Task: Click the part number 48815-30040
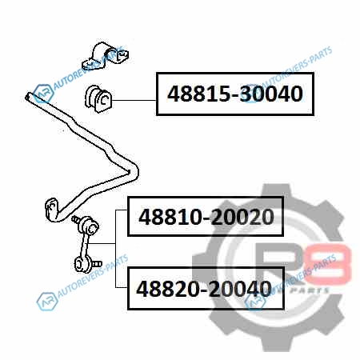click(x=235, y=94)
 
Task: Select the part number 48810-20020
click(x=206, y=217)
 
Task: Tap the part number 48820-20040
click(x=204, y=289)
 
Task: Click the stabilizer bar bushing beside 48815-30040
click(x=98, y=99)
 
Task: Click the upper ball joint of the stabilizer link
click(x=89, y=226)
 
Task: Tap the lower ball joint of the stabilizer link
click(x=82, y=264)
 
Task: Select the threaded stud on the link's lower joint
click(x=97, y=264)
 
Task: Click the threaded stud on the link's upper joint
click(x=76, y=220)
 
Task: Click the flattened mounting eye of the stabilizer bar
click(x=51, y=209)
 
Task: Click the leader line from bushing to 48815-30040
click(x=134, y=100)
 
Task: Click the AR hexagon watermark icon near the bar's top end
click(x=43, y=94)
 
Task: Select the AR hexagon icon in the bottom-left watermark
click(x=47, y=302)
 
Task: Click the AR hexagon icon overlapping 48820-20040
click(x=255, y=302)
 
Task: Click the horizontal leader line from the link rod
click(x=102, y=243)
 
